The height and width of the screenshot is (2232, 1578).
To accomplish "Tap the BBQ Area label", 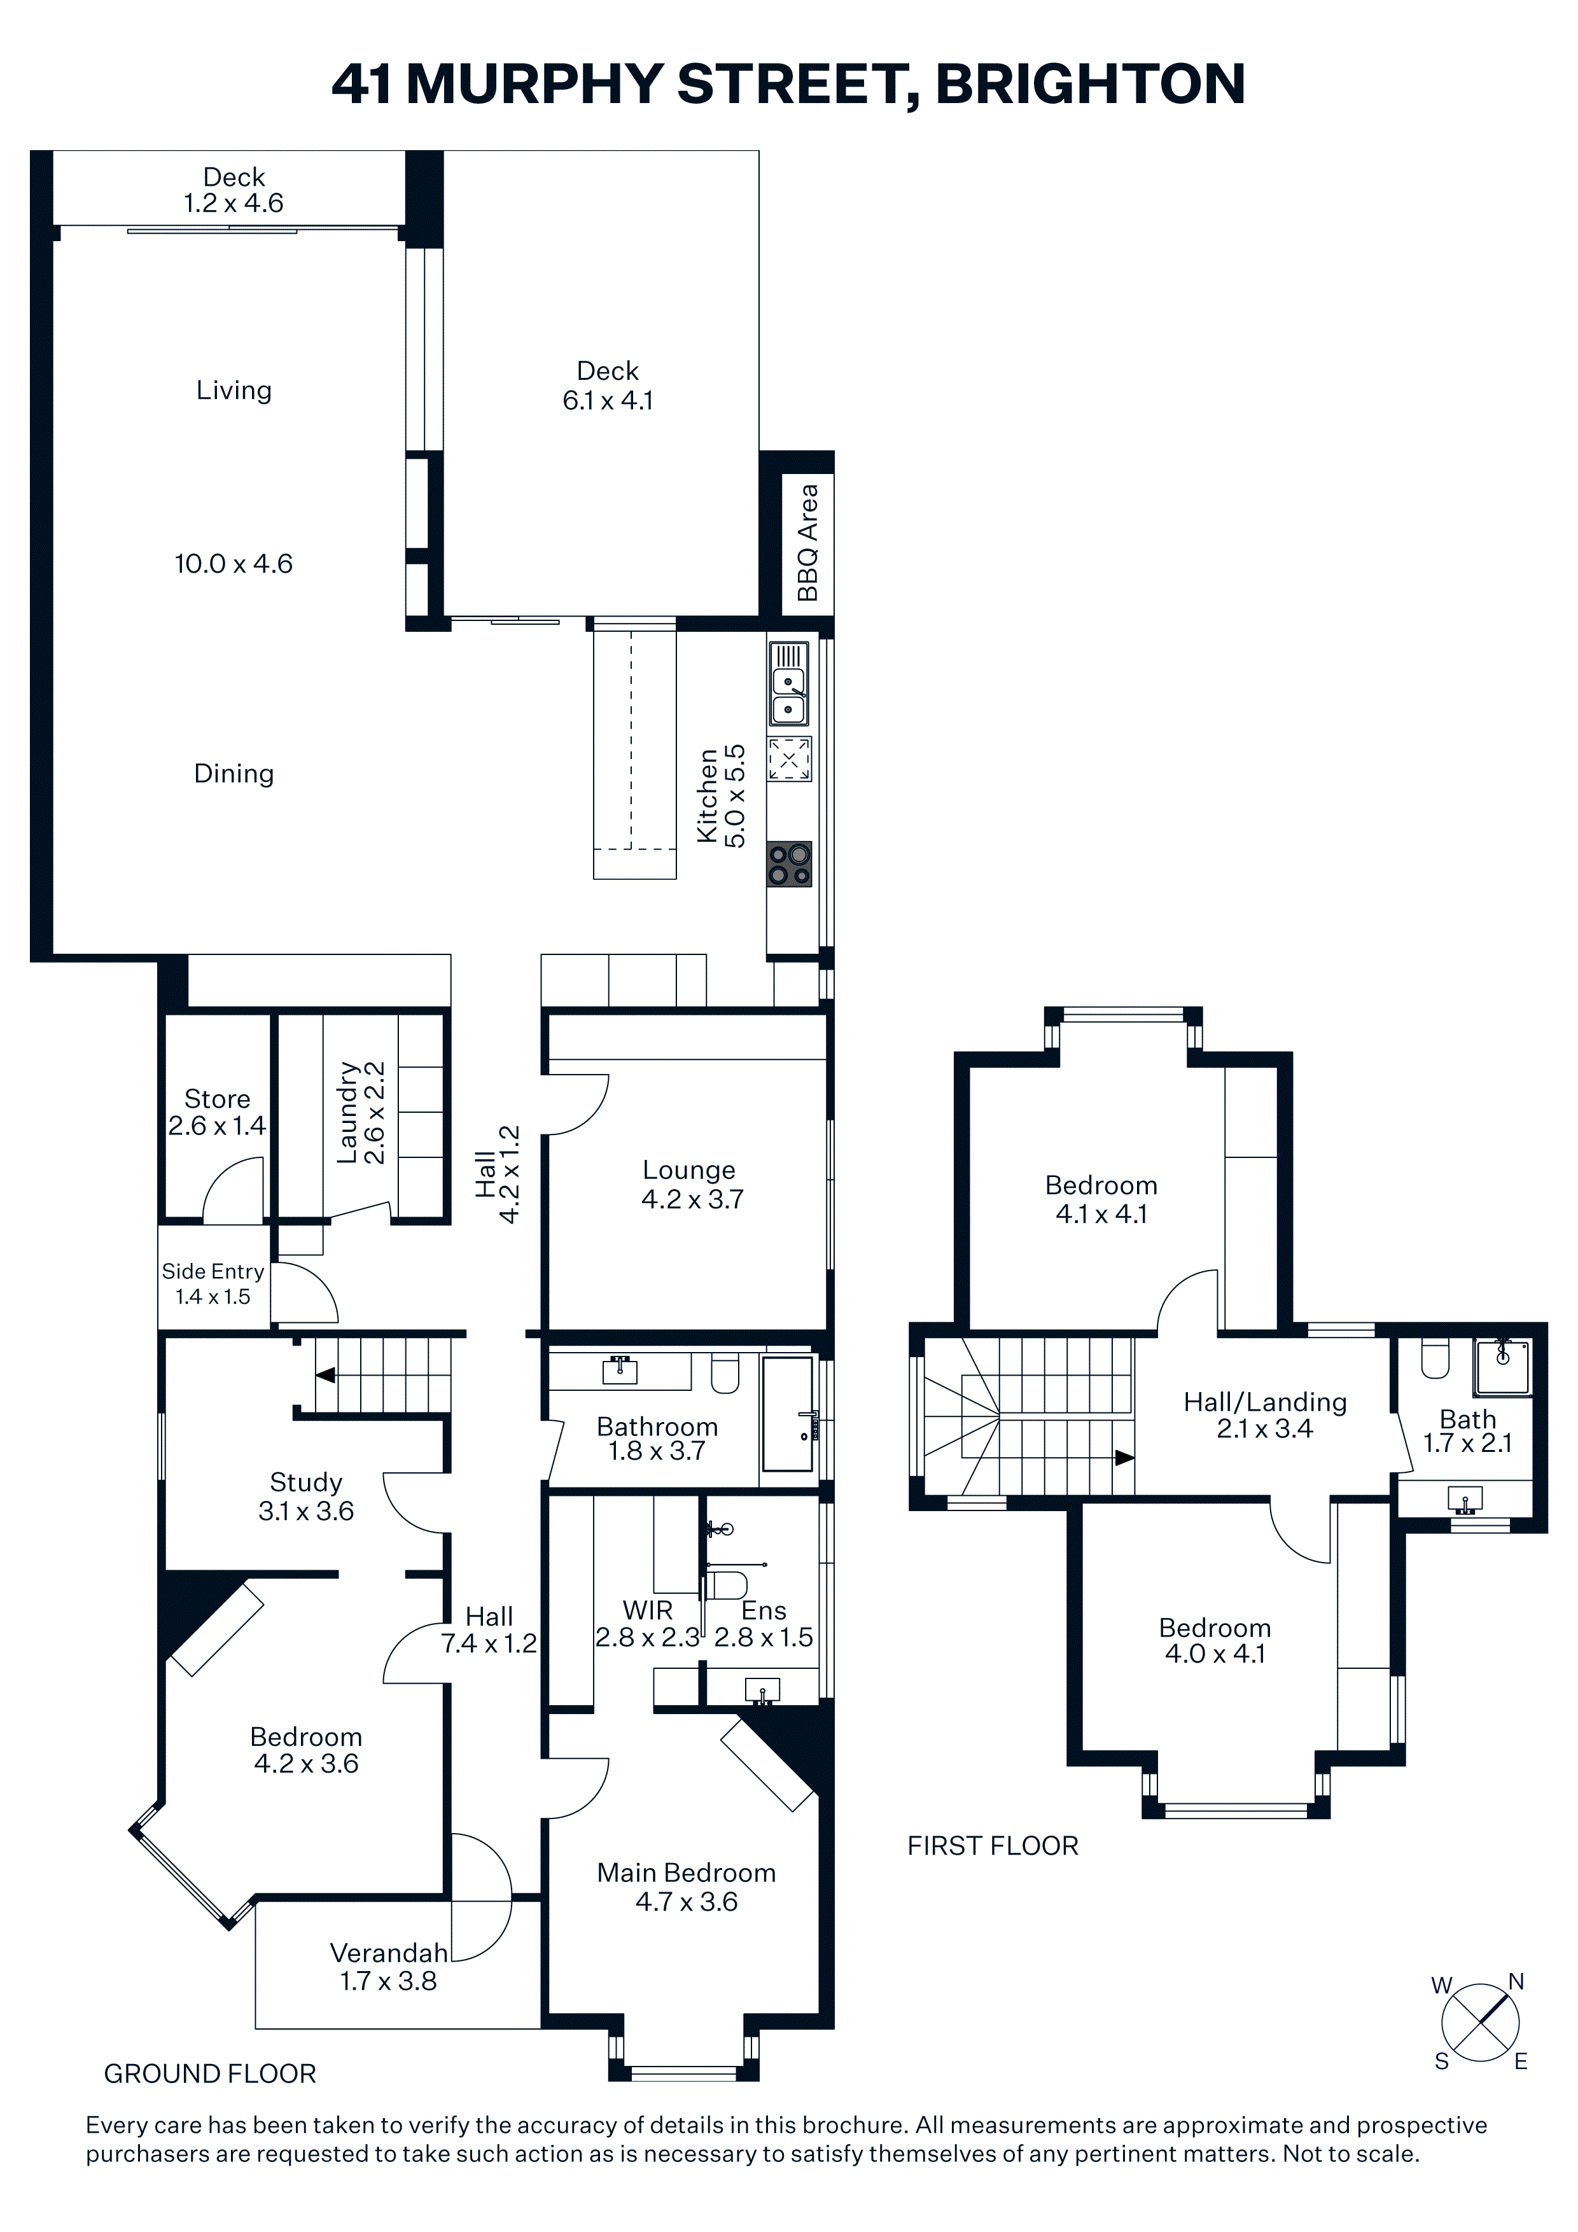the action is tap(807, 543).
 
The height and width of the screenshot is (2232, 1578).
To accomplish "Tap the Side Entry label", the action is tap(213, 1271).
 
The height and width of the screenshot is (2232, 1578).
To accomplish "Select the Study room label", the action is tap(306, 1482).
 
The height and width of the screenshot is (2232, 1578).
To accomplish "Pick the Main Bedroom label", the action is tap(687, 1873).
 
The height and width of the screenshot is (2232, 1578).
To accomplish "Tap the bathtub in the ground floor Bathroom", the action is tap(788, 1414).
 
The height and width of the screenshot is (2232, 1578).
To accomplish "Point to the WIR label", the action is tap(648, 1611).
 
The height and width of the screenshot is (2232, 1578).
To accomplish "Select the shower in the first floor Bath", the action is tap(1502, 1367).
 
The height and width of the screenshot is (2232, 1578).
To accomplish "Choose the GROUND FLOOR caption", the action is tap(210, 2074).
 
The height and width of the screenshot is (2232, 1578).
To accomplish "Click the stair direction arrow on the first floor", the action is tap(1124, 1458).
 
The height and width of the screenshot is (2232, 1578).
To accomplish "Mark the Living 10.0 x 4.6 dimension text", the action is tap(234, 564).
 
